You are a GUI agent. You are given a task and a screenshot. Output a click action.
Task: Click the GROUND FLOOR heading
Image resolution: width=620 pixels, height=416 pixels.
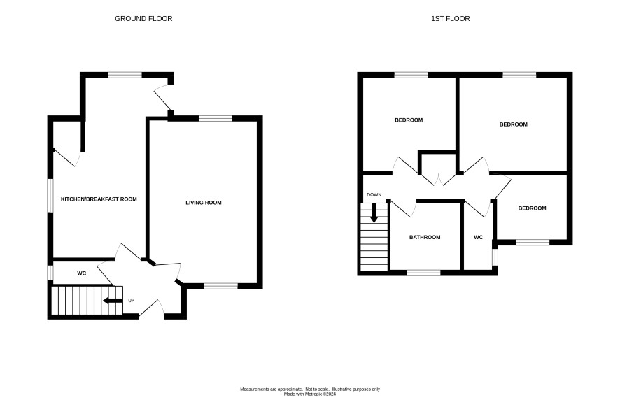point(143,19)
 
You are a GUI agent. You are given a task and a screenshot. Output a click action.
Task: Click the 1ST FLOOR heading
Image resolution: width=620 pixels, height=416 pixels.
point(451,19)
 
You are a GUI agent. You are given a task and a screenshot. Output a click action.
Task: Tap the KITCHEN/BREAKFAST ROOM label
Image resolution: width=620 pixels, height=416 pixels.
point(99,199)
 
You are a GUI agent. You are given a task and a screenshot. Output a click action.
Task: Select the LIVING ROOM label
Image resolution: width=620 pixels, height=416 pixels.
point(204,203)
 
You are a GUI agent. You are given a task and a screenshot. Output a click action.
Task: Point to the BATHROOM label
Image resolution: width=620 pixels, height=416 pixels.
point(425,238)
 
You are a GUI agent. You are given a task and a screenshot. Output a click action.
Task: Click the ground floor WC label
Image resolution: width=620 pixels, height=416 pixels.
point(81,273)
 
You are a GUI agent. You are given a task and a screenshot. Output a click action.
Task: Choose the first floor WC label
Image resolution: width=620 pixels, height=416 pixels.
point(479,238)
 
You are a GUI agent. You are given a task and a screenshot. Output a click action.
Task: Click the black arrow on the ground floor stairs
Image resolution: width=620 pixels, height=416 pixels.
point(113,301)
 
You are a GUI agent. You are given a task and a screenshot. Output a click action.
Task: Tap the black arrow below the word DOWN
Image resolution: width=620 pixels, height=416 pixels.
point(374,213)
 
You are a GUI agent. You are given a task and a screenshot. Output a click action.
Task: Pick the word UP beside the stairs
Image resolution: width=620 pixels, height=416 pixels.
point(132,301)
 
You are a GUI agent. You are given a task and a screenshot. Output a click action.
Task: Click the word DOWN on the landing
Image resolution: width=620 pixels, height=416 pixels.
point(374,195)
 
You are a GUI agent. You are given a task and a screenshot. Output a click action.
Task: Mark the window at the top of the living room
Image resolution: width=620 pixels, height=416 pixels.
point(216,118)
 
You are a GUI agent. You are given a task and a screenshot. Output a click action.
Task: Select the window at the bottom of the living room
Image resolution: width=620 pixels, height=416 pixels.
point(221,286)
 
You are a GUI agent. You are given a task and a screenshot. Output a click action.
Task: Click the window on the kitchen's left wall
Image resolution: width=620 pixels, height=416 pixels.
point(50,196)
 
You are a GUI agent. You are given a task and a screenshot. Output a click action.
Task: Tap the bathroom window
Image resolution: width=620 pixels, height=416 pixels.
point(423,273)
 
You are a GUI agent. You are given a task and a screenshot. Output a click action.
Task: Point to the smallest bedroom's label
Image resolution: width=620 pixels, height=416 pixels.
point(533,208)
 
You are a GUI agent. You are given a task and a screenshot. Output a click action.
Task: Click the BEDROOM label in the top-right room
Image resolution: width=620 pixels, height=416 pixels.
point(513,124)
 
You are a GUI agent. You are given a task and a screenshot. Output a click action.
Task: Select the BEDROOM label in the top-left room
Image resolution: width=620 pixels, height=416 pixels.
point(409,120)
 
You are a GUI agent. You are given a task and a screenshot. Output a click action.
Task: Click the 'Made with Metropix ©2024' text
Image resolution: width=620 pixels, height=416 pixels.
point(310,394)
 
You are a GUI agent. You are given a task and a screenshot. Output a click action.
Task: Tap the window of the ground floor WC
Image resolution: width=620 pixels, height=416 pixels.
point(50,273)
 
